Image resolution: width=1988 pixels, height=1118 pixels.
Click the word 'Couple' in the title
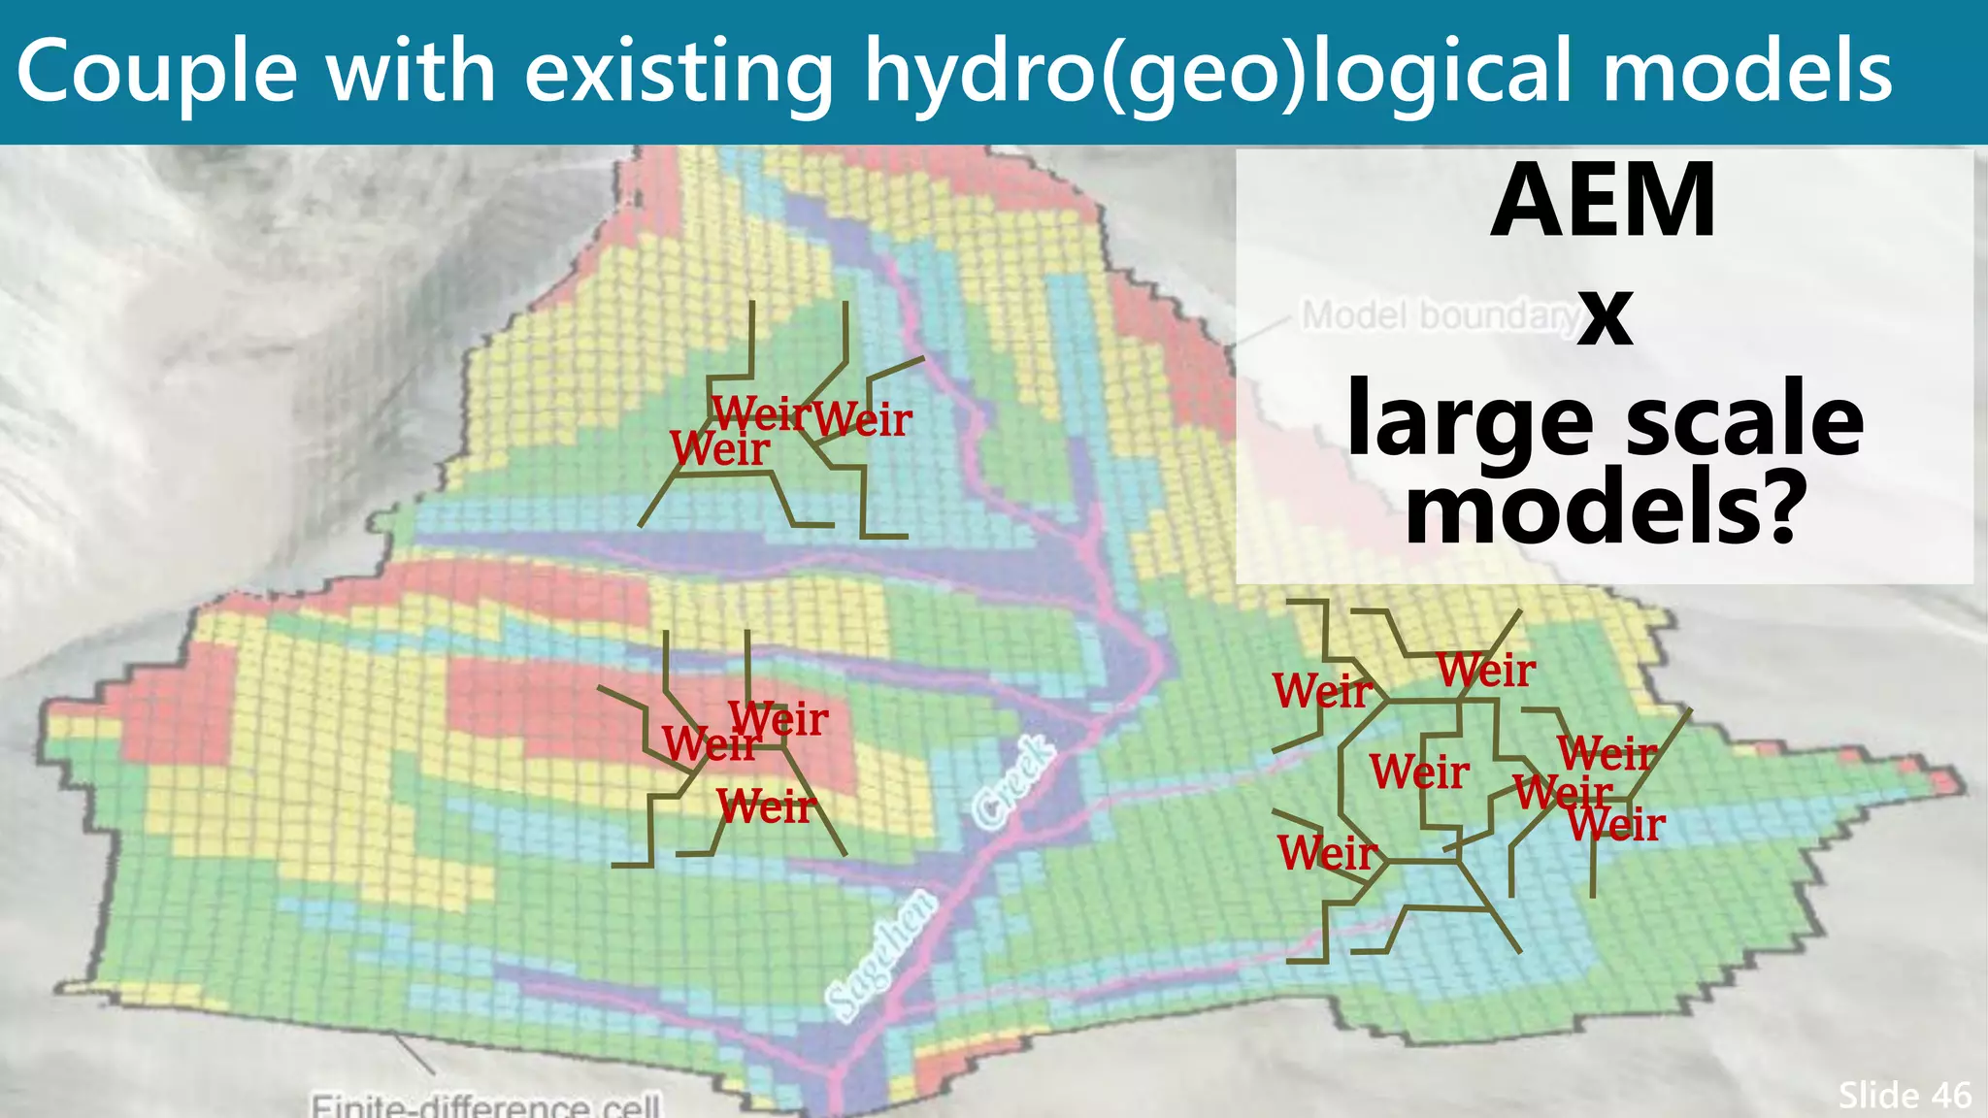[156, 73]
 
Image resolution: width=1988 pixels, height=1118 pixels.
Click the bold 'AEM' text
[1604, 201]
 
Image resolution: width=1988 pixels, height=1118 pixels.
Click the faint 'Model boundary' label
[1440, 315]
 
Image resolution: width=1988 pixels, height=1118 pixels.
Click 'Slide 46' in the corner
[1904, 1095]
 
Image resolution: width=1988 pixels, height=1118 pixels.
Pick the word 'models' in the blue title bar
[1746, 73]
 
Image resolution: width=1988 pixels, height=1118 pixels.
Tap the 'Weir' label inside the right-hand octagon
[1419, 773]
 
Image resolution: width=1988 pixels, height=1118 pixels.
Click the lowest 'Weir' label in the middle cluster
[766, 806]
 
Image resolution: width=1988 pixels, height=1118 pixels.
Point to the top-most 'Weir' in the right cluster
[1485, 671]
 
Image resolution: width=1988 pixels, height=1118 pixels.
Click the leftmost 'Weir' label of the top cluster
[719, 448]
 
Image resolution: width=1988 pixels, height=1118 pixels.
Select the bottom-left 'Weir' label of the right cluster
[1326, 853]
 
